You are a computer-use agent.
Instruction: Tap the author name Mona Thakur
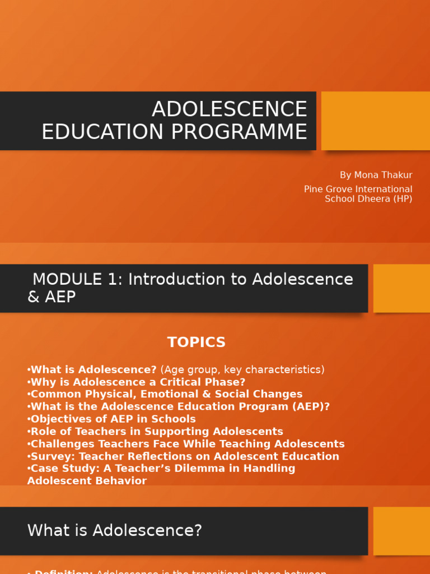pos(383,175)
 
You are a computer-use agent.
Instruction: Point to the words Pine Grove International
pos(358,189)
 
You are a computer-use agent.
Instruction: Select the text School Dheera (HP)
pos(368,199)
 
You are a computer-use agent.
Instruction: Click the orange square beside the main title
pos(375,121)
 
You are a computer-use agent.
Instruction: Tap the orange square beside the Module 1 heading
pos(401,288)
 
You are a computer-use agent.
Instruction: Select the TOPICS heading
pos(197,342)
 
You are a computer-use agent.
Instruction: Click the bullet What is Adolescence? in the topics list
pos(94,370)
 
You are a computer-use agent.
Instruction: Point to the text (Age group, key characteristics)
pos(242,370)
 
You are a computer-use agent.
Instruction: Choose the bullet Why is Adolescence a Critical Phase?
pos(138,382)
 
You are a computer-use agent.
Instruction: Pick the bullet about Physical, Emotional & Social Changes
pos(166,394)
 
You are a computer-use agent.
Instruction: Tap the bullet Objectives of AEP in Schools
pos(113,419)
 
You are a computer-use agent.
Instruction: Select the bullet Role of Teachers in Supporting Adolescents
pos(157,431)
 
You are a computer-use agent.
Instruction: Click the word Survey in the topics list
pos(49,456)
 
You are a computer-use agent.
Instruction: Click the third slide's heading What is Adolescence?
pos(115,530)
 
